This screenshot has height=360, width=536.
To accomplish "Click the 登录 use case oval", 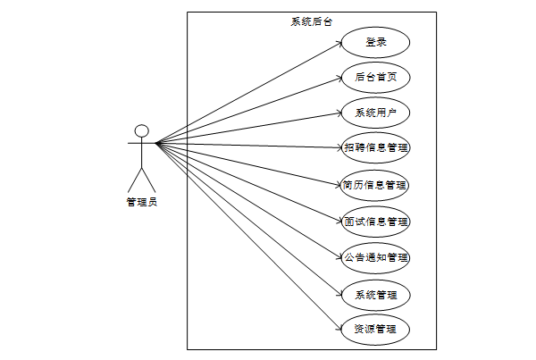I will coord(375,42).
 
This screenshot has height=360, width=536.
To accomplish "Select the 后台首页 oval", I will coord(375,78).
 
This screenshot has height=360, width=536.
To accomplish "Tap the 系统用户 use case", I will coord(375,113).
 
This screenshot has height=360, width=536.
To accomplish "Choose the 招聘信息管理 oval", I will coord(375,147).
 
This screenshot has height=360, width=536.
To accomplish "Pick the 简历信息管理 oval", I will coord(375,186).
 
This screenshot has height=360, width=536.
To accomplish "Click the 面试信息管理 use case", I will coord(375,221).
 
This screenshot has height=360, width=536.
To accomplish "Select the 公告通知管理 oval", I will coord(375,257).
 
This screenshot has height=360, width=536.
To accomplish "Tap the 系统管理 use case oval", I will coord(375,294).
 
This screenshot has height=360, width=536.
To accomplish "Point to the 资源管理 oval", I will coord(375,330).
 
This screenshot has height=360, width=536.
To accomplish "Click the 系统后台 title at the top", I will coord(312,21).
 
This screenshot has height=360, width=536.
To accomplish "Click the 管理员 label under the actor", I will coord(141,203).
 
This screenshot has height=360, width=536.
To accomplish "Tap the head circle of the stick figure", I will coord(141,130).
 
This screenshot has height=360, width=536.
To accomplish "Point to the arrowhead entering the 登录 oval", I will coord(339,44).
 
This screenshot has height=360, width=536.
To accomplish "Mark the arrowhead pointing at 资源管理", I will coord(339,327).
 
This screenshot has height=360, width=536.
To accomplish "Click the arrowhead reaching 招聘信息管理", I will coord(339,147).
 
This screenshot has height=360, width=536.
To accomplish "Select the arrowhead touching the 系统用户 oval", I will coord(339,113).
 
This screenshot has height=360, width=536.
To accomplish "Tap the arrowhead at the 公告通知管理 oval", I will coord(339,255).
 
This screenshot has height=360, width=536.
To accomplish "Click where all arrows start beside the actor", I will coord(157,143).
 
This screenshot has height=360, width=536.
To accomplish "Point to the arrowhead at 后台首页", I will coord(339,79).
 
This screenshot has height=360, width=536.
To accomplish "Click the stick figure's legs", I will coord(141,178).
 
